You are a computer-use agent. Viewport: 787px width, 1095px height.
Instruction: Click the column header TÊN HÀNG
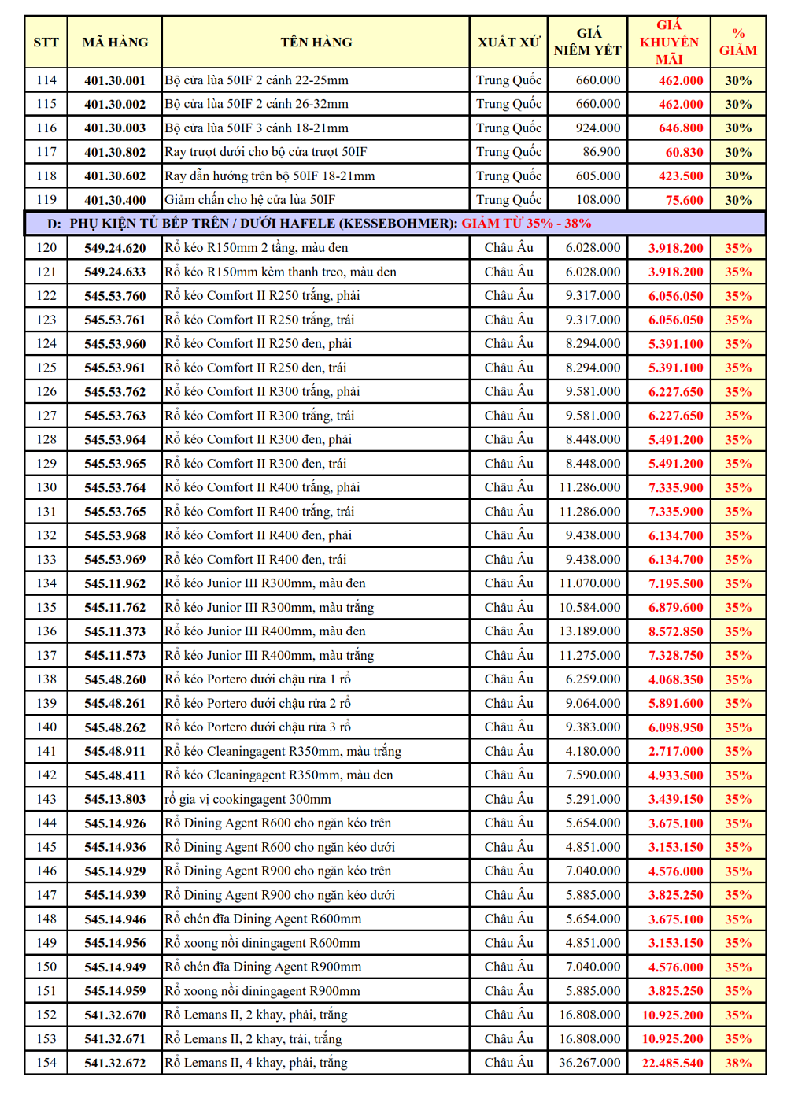pyautogui.click(x=316, y=43)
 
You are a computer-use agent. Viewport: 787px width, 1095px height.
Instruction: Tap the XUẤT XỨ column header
pyautogui.click(x=508, y=43)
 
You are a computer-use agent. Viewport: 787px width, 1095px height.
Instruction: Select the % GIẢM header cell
pyautogui.click(x=737, y=43)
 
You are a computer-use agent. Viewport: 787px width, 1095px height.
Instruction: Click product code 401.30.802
pyautogui.click(x=115, y=152)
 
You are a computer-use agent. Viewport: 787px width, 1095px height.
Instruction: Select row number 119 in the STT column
pyautogui.click(x=46, y=200)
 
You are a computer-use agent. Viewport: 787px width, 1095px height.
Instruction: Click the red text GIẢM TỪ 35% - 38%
pyautogui.click(x=526, y=224)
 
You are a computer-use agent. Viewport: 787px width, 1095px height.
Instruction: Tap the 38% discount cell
pyautogui.click(x=737, y=1063)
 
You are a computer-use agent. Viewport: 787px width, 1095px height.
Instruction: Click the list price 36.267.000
pyautogui.click(x=589, y=1063)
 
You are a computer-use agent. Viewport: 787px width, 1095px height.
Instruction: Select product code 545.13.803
pyautogui.click(x=115, y=799)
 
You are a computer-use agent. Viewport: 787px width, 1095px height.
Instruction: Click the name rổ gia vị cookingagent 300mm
pyautogui.click(x=248, y=799)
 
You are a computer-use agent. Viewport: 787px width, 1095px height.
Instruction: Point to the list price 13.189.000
pyautogui.click(x=589, y=631)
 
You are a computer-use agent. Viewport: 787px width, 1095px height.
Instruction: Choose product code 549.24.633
pyautogui.click(x=115, y=272)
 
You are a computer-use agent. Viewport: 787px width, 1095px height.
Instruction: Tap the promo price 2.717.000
pyautogui.click(x=675, y=751)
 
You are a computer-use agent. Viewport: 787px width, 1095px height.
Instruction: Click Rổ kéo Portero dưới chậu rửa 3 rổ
pyautogui.click(x=257, y=727)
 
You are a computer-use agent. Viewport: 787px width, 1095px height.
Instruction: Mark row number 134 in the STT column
pyautogui.click(x=46, y=583)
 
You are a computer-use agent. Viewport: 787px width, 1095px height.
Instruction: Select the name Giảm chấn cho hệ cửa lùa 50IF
pyautogui.click(x=249, y=200)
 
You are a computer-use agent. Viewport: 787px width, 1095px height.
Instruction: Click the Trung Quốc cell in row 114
pyautogui.click(x=508, y=80)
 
